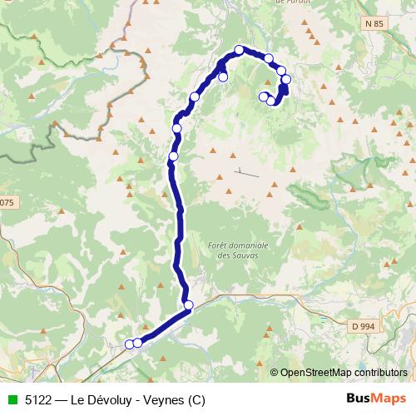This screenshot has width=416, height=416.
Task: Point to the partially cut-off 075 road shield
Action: pyautogui.click(x=6, y=202)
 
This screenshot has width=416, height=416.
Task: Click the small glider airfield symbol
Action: pyautogui.click(x=246, y=173)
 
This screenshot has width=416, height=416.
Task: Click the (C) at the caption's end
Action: pyautogui.click(x=196, y=399)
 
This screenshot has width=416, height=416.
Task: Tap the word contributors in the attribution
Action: pyautogui.click(x=382, y=373)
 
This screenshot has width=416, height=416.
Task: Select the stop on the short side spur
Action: pyautogui.click(x=223, y=77)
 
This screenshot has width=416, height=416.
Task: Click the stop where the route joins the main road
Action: pyautogui.click(x=189, y=305)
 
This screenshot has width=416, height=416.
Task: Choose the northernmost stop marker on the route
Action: pyautogui.click(x=239, y=50)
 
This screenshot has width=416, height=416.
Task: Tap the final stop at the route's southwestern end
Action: pyautogui.click(x=129, y=344)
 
